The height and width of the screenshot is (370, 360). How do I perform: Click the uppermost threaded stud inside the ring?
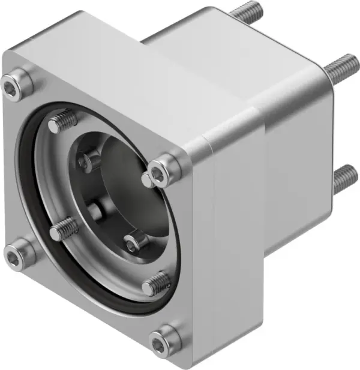(x=62, y=122)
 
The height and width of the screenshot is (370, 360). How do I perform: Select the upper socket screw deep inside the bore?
(x=90, y=160)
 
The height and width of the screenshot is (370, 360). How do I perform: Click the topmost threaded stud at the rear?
(x=246, y=9)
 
